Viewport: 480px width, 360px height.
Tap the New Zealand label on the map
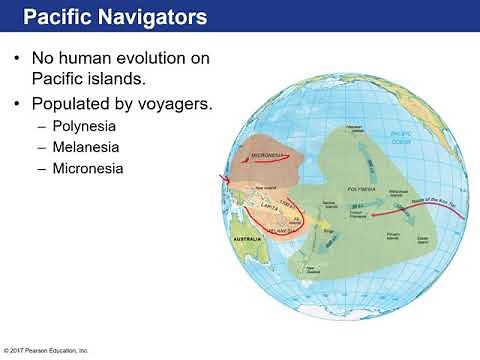tap(314, 269)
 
